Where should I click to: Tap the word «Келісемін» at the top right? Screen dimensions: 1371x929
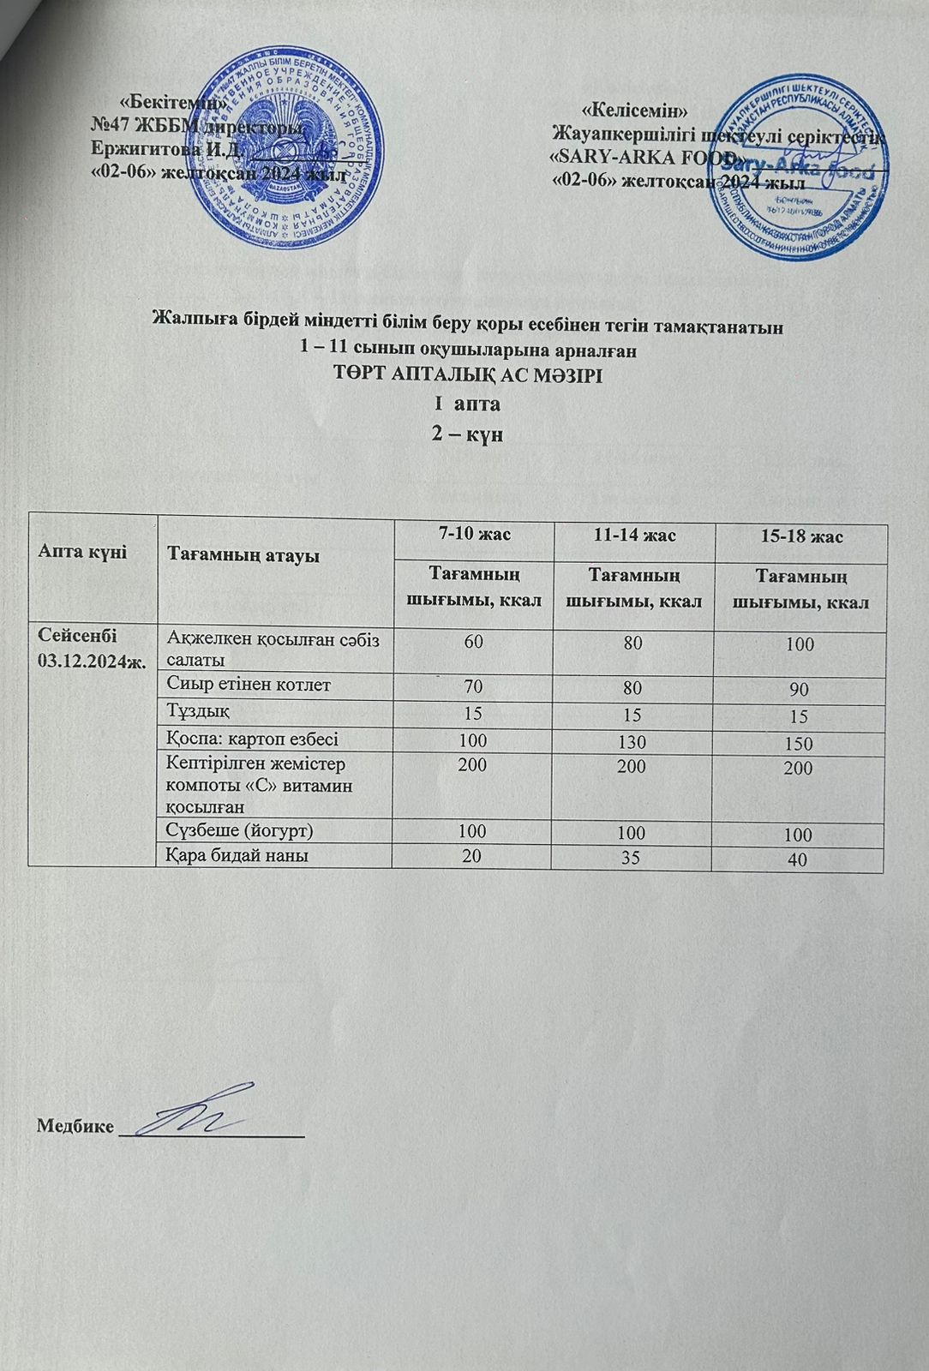(x=635, y=111)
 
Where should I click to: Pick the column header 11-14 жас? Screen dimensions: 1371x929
(x=633, y=536)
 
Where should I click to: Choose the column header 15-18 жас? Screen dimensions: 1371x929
(x=800, y=537)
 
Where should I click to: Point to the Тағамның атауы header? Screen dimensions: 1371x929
(x=243, y=556)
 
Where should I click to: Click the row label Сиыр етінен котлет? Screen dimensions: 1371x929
(x=249, y=685)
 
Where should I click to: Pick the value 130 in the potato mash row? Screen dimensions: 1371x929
(x=634, y=742)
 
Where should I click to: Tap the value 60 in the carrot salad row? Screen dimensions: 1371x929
(x=473, y=644)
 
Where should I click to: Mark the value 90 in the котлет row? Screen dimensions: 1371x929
(x=800, y=690)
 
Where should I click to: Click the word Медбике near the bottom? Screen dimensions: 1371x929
(x=75, y=1126)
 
